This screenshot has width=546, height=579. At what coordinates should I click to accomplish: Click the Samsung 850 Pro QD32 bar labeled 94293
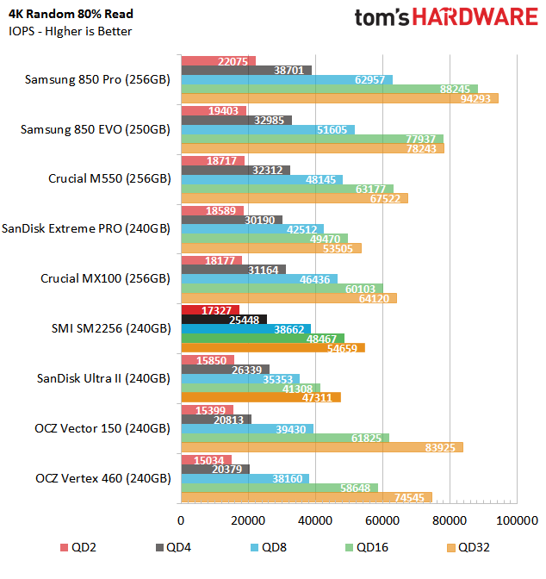click(x=339, y=98)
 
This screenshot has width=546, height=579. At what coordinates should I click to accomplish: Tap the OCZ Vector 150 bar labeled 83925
click(x=322, y=446)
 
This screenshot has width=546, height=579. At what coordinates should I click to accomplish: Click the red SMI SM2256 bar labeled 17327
click(x=210, y=309)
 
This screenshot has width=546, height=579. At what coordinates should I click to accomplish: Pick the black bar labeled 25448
click(x=224, y=319)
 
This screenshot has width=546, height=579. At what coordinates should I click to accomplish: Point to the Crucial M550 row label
click(x=109, y=179)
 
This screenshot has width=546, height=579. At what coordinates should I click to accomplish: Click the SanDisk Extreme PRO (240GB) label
click(x=86, y=229)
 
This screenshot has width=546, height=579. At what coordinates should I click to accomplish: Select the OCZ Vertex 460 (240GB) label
click(x=103, y=478)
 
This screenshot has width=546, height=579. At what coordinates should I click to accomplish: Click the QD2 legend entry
click(x=77, y=547)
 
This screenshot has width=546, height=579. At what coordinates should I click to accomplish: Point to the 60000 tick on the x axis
click(x=382, y=520)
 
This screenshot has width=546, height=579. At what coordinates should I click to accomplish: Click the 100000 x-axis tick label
click(x=517, y=520)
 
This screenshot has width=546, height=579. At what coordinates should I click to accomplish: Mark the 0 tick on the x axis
click(x=181, y=520)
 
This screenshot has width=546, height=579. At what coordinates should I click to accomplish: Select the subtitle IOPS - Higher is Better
click(x=71, y=32)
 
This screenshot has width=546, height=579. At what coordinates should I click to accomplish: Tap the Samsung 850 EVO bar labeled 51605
click(x=268, y=129)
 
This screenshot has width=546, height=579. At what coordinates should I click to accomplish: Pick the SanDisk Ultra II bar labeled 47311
click(x=261, y=397)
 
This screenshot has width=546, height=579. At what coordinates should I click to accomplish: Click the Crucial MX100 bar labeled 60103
click(x=282, y=289)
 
